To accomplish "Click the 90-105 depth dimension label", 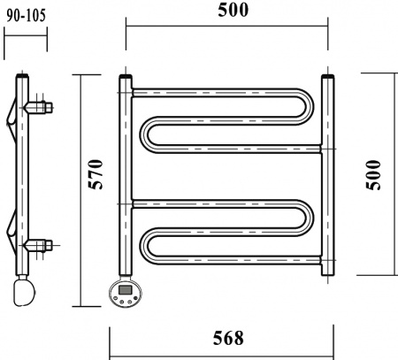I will point(25,16).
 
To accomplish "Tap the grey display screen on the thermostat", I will point(126,289).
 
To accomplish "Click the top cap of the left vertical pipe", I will point(125,80).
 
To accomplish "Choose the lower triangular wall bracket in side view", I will point(11,232).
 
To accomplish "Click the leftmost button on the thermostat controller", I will point(117,301).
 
